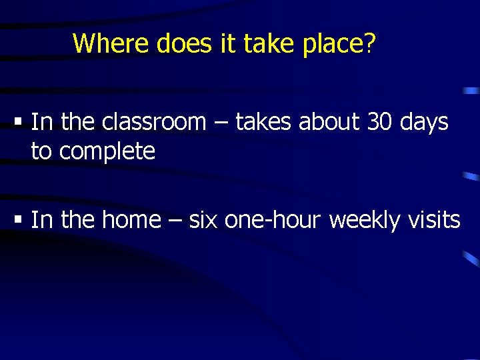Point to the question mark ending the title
tap(370, 44)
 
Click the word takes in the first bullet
tap(263, 122)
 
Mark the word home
tap(131, 219)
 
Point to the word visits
tap(434, 219)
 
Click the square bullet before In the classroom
tap(19, 123)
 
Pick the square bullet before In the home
tap(19, 220)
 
